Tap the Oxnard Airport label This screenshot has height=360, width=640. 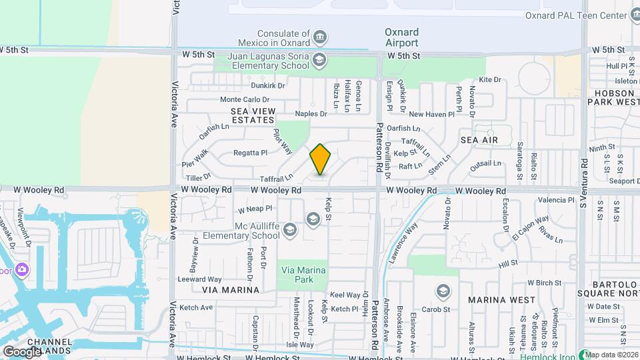click(402, 37)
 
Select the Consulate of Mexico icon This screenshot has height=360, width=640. click(320, 35)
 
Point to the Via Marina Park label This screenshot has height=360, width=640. click(303, 275)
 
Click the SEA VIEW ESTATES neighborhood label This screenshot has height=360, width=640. click(253, 115)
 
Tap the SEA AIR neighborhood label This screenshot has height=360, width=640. click(479, 140)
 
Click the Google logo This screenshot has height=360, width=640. click(21, 351)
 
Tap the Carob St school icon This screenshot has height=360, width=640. click(443, 291)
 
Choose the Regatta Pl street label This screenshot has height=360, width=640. click(250, 153)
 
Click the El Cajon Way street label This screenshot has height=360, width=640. click(531, 227)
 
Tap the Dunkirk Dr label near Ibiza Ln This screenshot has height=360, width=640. click(268, 85)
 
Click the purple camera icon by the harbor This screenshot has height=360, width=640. click(22, 269)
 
